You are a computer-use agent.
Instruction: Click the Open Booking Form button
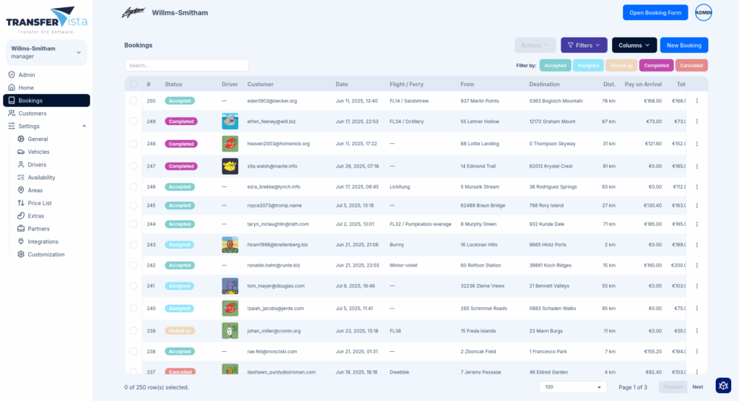coord(655,12)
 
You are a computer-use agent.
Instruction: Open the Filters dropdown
coord(584,46)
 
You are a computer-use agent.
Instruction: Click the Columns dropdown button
coord(634,46)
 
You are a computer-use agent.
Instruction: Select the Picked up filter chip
coord(621,66)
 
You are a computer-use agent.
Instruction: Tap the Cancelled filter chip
coord(691,66)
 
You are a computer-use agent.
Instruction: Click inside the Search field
coord(186,66)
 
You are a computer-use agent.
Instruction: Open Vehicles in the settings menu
coord(38,152)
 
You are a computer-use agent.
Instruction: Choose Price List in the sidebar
coord(40,203)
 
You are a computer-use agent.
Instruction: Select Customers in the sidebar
coord(32,113)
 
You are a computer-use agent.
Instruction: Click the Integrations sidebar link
coord(43,241)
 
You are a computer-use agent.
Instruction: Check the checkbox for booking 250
coord(134,101)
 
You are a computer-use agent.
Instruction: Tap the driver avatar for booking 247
coord(230,166)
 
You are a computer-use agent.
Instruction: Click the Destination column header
coord(544,85)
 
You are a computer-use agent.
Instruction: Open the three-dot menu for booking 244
coord(697,224)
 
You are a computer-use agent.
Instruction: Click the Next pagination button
coord(697,387)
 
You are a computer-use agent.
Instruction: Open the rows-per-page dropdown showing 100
coord(572,387)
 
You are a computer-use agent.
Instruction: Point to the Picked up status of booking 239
coord(180,331)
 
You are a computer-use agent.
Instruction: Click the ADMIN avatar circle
coord(703,12)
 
